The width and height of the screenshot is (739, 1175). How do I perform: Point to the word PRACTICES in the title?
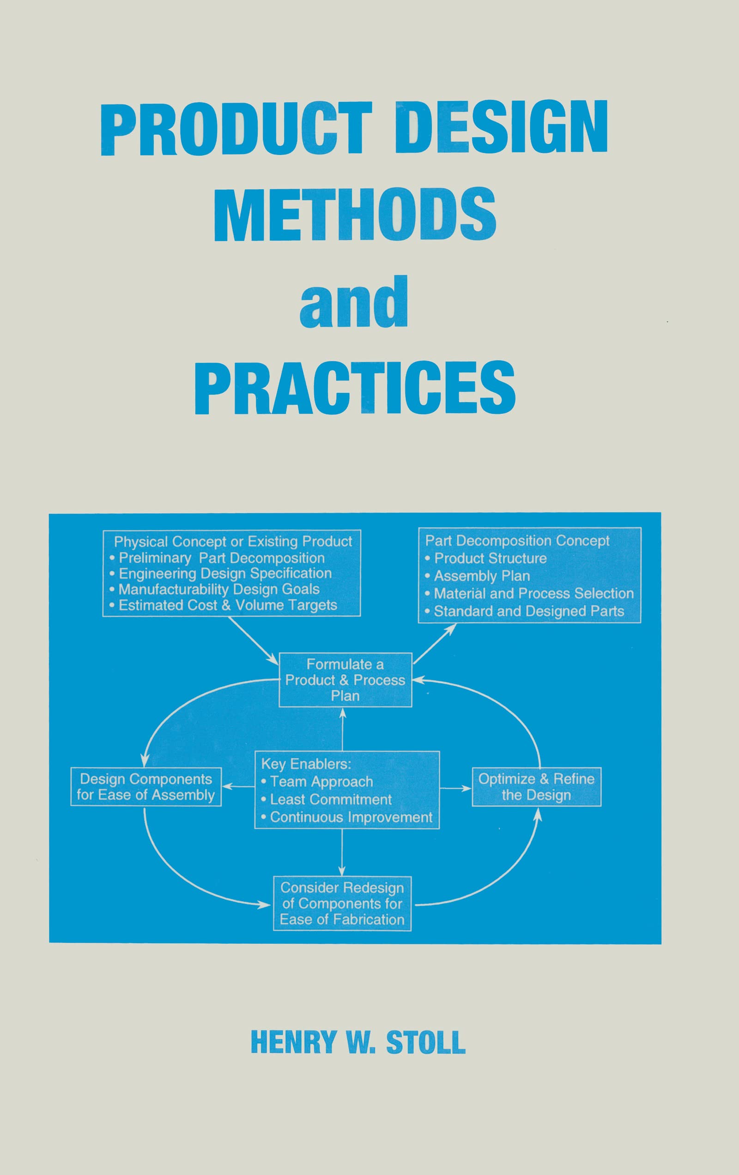pyautogui.click(x=355, y=387)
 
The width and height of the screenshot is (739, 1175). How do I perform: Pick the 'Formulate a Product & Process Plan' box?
pyautogui.click(x=345, y=680)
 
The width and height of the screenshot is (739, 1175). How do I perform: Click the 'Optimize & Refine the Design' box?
pyautogui.click(x=536, y=787)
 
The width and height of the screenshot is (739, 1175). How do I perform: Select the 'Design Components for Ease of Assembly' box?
pyautogui.click(x=146, y=787)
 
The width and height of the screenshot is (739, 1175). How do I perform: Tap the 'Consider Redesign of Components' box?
pyautogui.click(x=342, y=903)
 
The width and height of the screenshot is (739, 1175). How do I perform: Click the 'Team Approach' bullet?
pyautogui.click(x=321, y=781)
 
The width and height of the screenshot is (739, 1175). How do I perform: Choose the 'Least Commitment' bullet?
pyautogui.click(x=330, y=799)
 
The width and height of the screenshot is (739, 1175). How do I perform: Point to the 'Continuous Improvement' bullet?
pyautogui.click(x=351, y=817)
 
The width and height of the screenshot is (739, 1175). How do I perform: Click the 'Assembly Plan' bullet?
pyautogui.click(x=482, y=576)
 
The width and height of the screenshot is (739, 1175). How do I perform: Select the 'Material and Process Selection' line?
pyautogui.click(x=533, y=593)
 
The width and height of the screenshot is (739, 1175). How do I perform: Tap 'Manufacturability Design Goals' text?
pyautogui.click(x=218, y=589)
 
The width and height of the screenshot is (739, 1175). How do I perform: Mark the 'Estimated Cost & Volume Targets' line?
pyautogui.click(x=227, y=605)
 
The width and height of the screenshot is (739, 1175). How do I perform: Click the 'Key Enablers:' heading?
pyautogui.click(x=306, y=764)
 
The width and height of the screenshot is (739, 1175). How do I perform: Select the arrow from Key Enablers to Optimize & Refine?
pyautogui.click(x=455, y=788)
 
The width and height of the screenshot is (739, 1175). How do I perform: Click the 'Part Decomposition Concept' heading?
pyautogui.click(x=517, y=541)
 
